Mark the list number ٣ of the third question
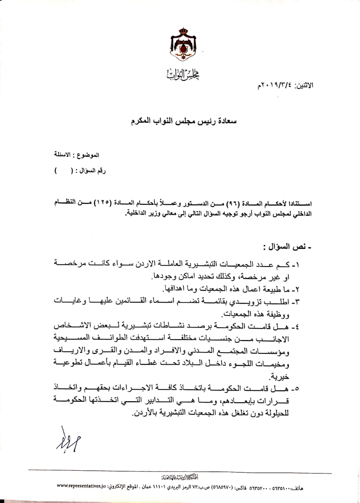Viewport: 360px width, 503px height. pos(304,301)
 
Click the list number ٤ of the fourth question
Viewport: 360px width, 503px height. pos(304,326)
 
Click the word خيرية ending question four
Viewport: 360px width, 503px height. pos(297,378)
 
